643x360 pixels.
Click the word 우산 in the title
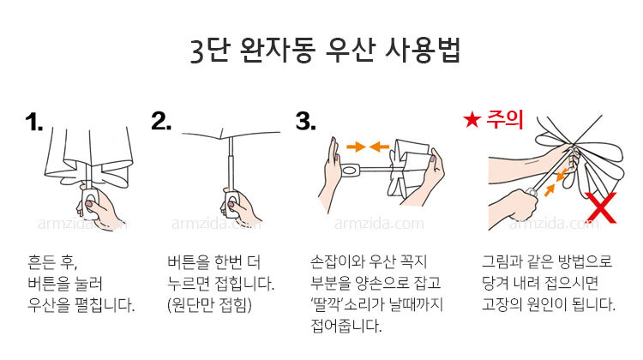pyautogui.click(x=350, y=51)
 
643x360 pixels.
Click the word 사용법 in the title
pyautogui.click(x=424, y=51)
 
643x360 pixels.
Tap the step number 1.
pyautogui.click(x=33, y=123)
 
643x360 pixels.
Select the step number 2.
pyautogui.click(x=161, y=121)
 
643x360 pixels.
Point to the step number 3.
pyautogui.click(x=306, y=121)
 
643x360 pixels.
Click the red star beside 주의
pyautogui.click(x=472, y=120)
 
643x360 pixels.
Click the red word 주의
pyautogui.click(x=505, y=119)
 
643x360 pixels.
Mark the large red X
pyautogui.click(x=601, y=207)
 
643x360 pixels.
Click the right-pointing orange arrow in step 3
pyautogui.click(x=356, y=147)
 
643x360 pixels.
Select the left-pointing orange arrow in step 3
pyautogui.click(x=379, y=147)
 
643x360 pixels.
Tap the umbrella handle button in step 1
pyautogui.click(x=90, y=202)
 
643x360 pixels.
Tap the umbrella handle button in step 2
pyautogui.click(x=231, y=203)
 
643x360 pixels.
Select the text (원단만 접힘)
pyautogui.click(x=209, y=304)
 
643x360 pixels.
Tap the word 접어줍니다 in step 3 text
pyautogui.click(x=346, y=326)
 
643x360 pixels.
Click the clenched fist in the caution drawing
pyautogui.click(x=518, y=203)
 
